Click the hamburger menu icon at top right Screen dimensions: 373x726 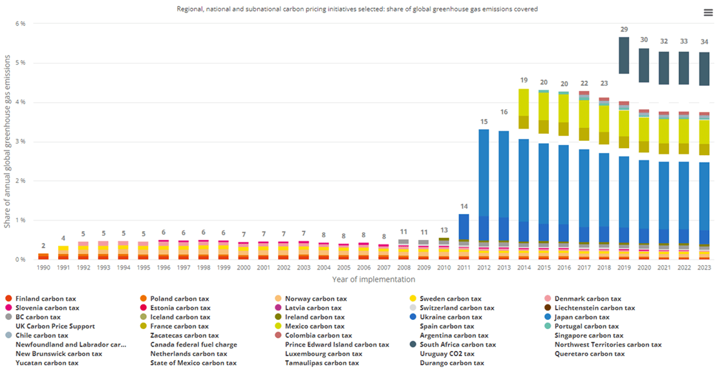pos(708,13)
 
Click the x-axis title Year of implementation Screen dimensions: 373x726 pos(373,279)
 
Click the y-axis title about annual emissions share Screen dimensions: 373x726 pos(7,142)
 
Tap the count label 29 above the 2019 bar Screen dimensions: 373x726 pos(623,30)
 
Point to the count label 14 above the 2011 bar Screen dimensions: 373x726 pos(464,206)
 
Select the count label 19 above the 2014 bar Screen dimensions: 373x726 pos(524,80)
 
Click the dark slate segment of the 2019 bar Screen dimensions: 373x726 pos(623,56)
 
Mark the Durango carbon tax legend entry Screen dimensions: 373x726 pos(451,363)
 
